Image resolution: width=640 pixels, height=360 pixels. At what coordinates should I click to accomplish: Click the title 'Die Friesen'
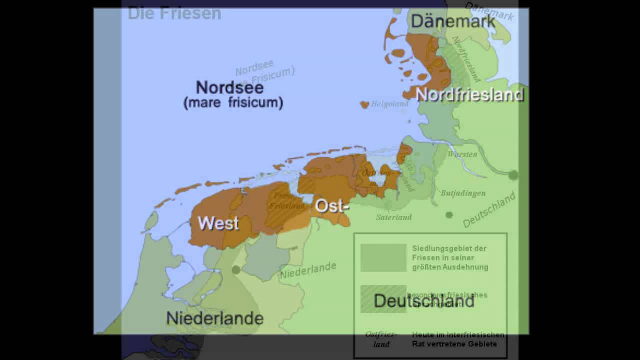click(x=174, y=13)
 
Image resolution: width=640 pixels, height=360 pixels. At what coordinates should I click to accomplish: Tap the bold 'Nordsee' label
click(x=229, y=87)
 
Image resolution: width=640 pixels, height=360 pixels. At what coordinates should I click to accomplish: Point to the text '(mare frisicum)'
click(x=233, y=103)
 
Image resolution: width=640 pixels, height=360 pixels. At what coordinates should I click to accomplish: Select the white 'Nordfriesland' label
click(x=469, y=94)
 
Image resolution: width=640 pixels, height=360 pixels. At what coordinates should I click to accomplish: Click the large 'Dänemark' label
click(x=453, y=21)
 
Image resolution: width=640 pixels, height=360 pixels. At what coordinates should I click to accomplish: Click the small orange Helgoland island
click(x=364, y=104)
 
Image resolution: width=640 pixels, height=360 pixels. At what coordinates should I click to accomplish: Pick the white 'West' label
click(x=218, y=223)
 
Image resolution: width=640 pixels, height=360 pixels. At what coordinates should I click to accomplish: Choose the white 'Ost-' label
click(x=331, y=205)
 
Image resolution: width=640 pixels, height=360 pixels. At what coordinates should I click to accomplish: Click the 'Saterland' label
click(x=394, y=217)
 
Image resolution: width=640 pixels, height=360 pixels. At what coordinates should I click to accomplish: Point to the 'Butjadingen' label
click(x=463, y=193)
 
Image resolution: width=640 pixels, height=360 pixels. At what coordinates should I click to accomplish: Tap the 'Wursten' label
click(x=462, y=154)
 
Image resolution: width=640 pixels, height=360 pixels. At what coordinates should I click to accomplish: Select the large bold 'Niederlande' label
click(x=214, y=318)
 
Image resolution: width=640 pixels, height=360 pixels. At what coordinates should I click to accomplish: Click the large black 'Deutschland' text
click(x=424, y=301)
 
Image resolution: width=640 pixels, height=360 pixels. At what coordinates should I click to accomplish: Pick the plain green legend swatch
click(x=383, y=257)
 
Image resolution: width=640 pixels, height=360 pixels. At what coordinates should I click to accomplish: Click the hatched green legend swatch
click(x=383, y=298)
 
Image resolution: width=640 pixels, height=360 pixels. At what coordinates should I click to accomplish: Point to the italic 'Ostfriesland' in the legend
click(x=377, y=338)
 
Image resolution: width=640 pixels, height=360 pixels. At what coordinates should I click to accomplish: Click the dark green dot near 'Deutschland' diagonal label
click(x=449, y=215)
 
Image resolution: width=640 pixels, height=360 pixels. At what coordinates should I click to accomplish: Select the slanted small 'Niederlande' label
click(x=308, y=270)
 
